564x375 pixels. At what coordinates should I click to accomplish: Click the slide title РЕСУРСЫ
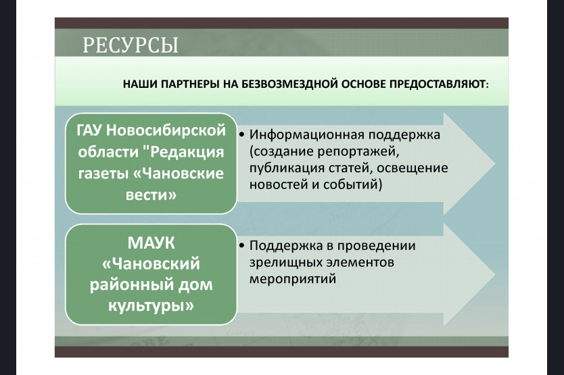pyautogui.click(x=131, y=45)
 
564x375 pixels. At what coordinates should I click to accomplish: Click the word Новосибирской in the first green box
pyautogui.click(x=166, y=130)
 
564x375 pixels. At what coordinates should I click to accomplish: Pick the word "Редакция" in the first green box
pyautogui.click(x=183, y=152)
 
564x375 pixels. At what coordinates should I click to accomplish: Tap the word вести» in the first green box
pyautogui.click(x=151, y=195)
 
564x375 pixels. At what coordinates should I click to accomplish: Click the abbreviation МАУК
pyautogui.click(x=151, y=243)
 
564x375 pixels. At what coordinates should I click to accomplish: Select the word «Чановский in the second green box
pyautogui.click(x=151, y=264)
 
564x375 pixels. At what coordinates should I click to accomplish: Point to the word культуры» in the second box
pyautogui.click(x=151, y=306)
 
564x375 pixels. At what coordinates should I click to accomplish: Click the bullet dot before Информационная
pyautogui.click(x=241, y=135)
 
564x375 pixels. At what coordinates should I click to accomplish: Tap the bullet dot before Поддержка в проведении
pyautogui.click(x=241, y=245)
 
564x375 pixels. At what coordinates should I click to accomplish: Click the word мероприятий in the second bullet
pyautogui.click(x=293, y=279)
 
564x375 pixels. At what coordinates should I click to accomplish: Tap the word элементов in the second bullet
pyautogui.click(x=360, y=262)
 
